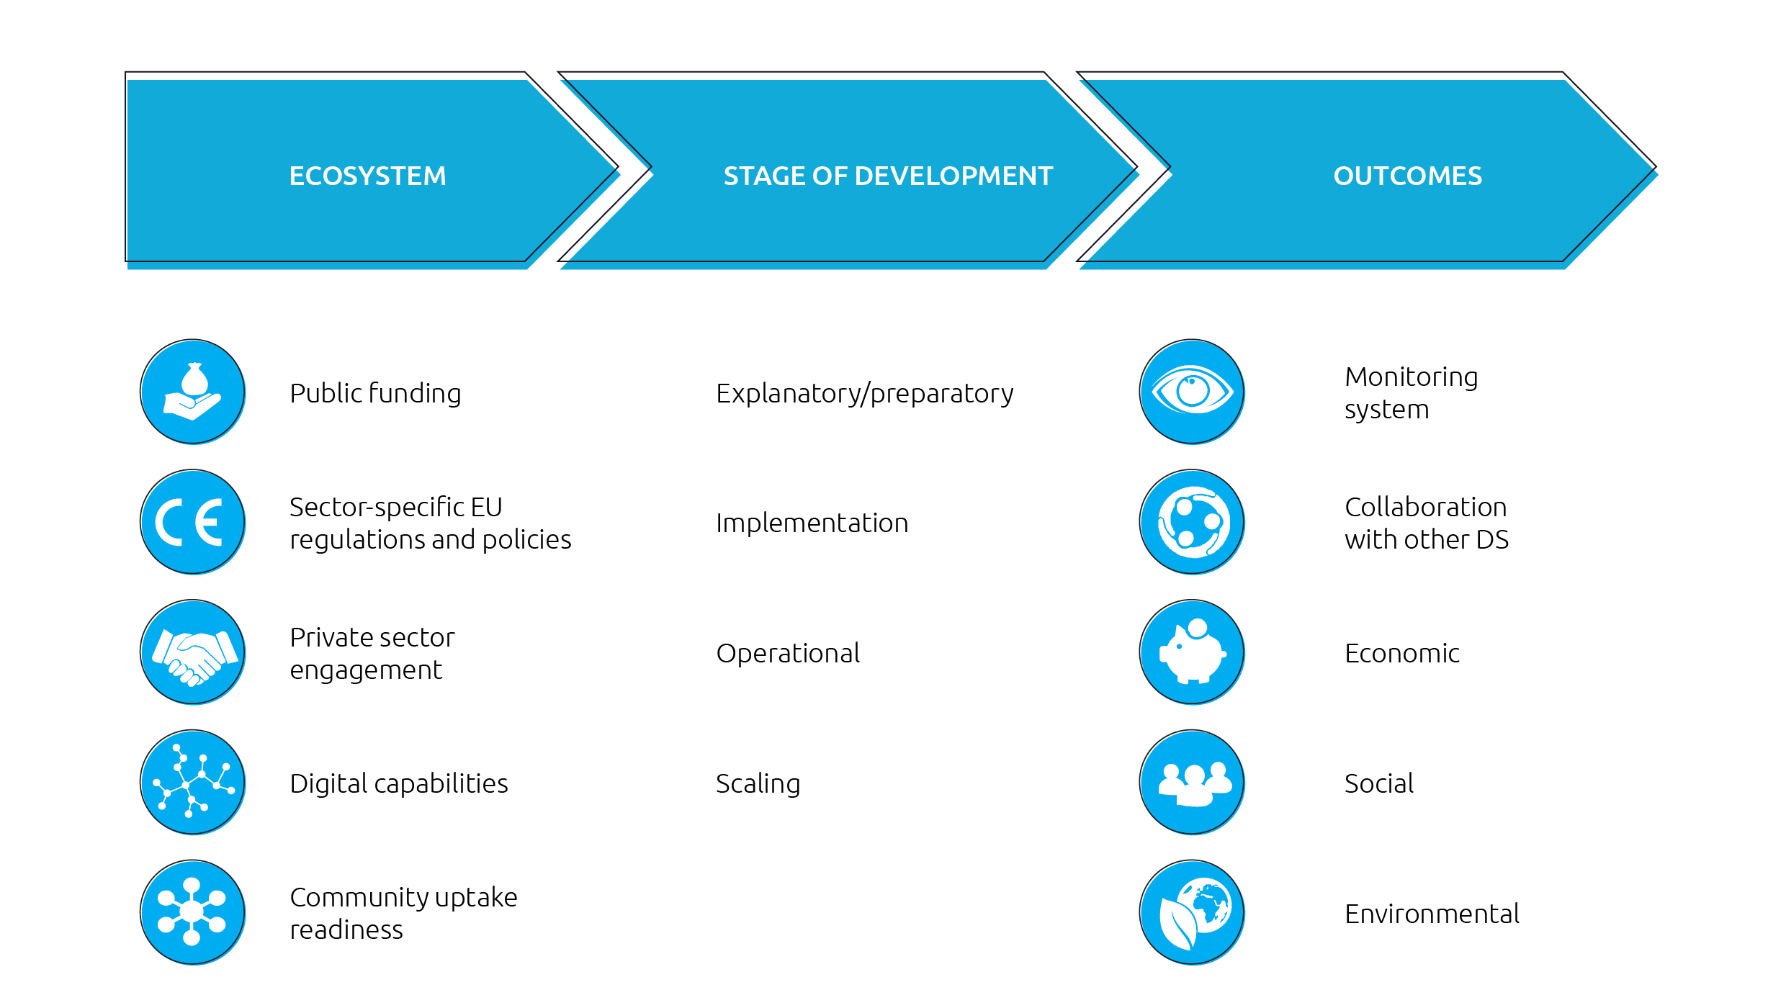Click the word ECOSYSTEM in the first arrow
pyautogui.click(x=367, y=176)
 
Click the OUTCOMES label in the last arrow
pyautogui.click(x=1407, y=176)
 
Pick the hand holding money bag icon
pyautogui.click(x=193, y=392)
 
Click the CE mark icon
pyautogui.click(x=193, y=523)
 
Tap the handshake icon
pyautogui.click(x=193, y=653)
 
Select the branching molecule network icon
pyautogui.click(x=193, y=783)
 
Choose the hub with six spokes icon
pyautogui.click(x=193, y=913)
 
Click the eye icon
pyautogui.click(x=1193, y=392)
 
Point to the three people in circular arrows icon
pyautogui.click(x=1193, y=523)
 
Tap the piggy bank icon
pyautogui.click(x=1193, y=653)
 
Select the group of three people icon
pyautogui.click(x=1193, y=783)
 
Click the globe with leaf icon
pyautogui.click(x=1193, y=913)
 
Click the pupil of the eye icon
pyautogui.click(x=1193, y=390)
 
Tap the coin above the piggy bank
pyautogui.click(x=1198, y=628)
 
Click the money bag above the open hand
pyautogui.click(x=194, y=379)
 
